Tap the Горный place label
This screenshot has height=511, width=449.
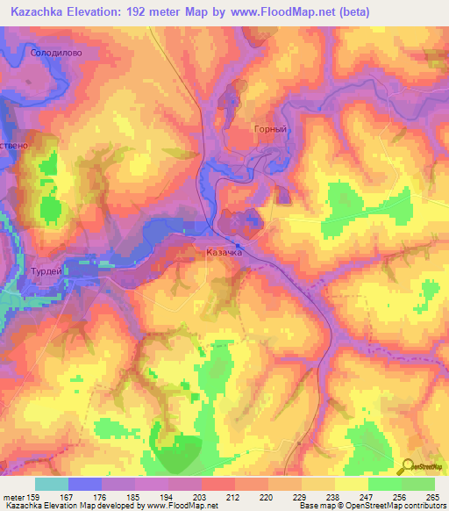click(264, 129)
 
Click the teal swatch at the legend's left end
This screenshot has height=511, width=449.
click(52, 484)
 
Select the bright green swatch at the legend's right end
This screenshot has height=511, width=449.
click(418, 484)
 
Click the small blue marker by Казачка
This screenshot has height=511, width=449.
click(239, 245)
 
